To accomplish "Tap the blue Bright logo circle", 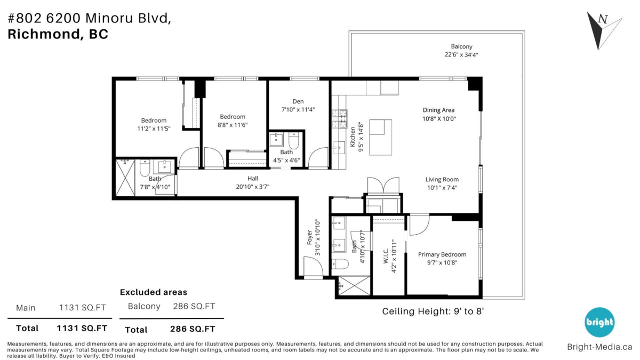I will point(599,322).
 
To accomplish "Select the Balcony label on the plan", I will point(461,46).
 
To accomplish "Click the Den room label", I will point(298,101).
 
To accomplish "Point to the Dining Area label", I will point(438,110).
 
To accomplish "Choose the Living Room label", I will point(442,180).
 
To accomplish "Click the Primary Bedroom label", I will point(442,254).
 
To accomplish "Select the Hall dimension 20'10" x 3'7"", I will point(252,186).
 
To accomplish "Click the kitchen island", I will point(380,137).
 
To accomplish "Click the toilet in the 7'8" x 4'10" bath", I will point(145,169).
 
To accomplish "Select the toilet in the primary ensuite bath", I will point(340,263).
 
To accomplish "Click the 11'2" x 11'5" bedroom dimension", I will point(154,129).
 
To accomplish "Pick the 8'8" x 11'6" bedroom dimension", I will point(233,125).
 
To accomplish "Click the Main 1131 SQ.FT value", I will point(82,308).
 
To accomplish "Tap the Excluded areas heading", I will point(153,292).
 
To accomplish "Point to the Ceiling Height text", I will point(433,311).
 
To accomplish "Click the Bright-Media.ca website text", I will point(599,347).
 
